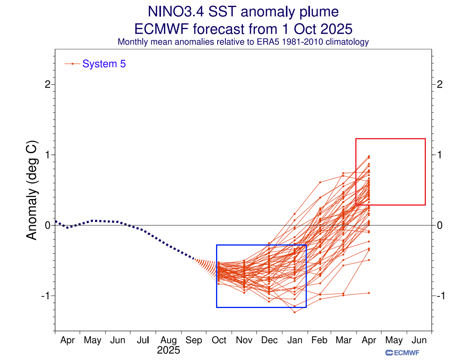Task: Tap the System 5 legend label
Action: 104,64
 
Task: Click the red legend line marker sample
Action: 73,64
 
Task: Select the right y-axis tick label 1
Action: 440,155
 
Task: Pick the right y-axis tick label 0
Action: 440,225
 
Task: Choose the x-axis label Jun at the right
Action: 419,340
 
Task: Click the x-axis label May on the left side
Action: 92,340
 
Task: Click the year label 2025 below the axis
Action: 168,350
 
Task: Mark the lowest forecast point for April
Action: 368,293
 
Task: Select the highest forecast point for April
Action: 368,156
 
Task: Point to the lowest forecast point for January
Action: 294,312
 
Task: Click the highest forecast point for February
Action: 320,182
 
